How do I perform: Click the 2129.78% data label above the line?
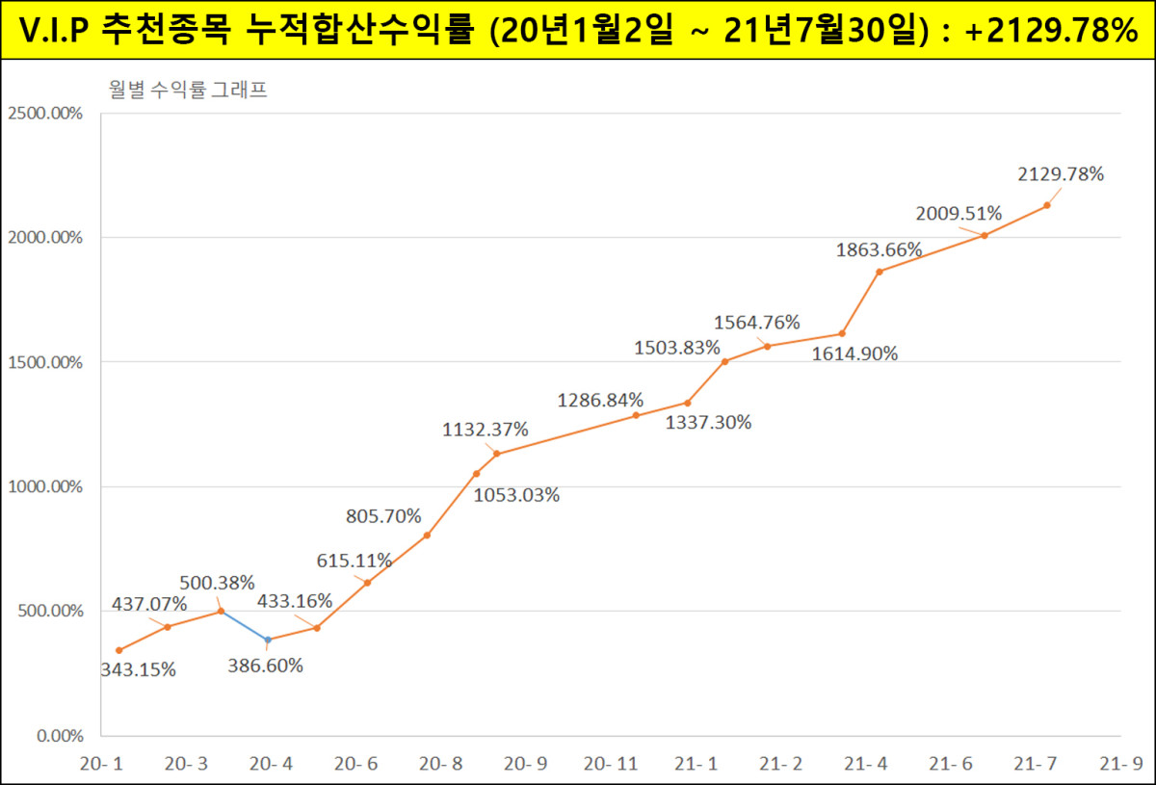[1061, 174]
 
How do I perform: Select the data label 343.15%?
[139, 670]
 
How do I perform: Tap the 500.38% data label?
[217, 583]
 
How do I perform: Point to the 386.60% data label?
[265, 666]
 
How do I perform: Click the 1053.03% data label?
[516, 496]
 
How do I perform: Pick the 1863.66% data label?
[880, 249]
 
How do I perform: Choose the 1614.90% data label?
[854, 353]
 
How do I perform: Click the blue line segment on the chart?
[245, 625]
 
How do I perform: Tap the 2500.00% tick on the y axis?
[45, 114]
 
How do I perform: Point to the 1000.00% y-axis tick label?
[45, 487]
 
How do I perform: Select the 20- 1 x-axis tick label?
[101, 764]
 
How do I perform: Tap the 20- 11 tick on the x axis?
[611, 764]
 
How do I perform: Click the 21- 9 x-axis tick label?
[1121, 764]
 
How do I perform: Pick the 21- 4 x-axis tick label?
[866, 764]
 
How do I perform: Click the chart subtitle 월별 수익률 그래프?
[187, 92]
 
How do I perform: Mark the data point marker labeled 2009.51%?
[985, 235]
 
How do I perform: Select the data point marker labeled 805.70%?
[427, 536]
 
